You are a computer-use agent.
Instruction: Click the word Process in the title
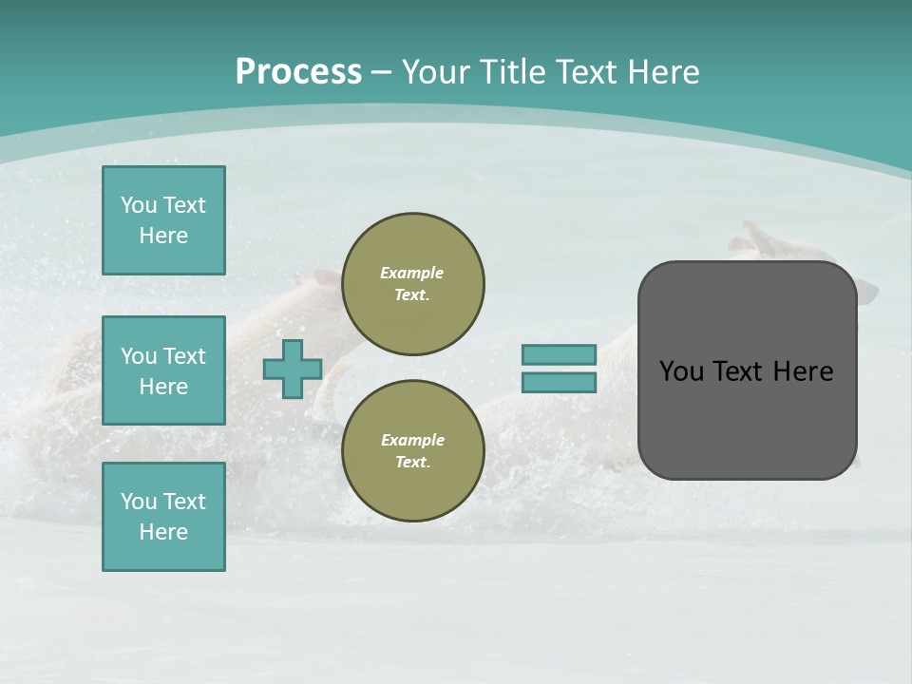(298, 72)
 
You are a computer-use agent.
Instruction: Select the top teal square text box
(163, 220)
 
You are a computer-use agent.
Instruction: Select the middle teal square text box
(163, 370)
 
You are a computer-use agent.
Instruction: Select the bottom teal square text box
(163, 517)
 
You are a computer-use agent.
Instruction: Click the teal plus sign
(293, 370)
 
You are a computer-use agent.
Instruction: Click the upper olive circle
(413, 284)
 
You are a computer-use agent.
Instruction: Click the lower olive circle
(413, 451)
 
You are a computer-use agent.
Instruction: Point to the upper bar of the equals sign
(559, 355)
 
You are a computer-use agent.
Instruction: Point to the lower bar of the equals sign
(559, 383)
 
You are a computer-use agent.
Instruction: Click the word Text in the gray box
(744, 371)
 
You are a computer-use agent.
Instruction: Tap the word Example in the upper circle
(411, 273)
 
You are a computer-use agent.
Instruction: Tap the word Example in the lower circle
(412, 440)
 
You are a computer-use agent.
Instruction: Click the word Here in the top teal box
(163, 236)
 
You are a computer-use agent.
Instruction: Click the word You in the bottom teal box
(139, 502)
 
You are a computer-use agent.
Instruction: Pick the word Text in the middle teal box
(184, 356)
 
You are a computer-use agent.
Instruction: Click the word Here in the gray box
(805, 371)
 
